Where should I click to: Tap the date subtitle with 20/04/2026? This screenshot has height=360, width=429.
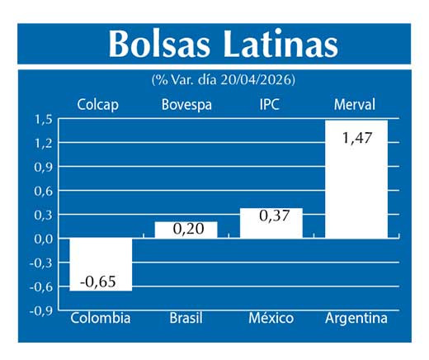[x=223, y=80]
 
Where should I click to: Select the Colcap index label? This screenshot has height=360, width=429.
[x=97, y=105]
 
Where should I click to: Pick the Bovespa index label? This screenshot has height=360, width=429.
[x=186, y=105]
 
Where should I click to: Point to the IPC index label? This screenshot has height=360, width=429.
[x=271, y=105]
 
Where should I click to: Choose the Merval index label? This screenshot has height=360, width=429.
[x=355, y=105]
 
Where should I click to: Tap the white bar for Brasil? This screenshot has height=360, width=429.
[x=186, y=230]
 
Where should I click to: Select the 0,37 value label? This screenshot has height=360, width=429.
[x=271, y=216]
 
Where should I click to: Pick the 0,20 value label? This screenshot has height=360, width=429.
[x=186, y=229]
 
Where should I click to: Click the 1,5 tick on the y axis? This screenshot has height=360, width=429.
[x=44, y=120]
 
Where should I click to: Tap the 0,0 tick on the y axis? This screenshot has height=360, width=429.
[x=44, y=239]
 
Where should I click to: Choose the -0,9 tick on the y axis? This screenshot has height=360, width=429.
[x=42, y=310]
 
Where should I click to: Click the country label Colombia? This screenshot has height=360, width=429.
[x=101, y=319]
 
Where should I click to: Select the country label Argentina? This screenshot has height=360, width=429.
[x=356, y=319]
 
